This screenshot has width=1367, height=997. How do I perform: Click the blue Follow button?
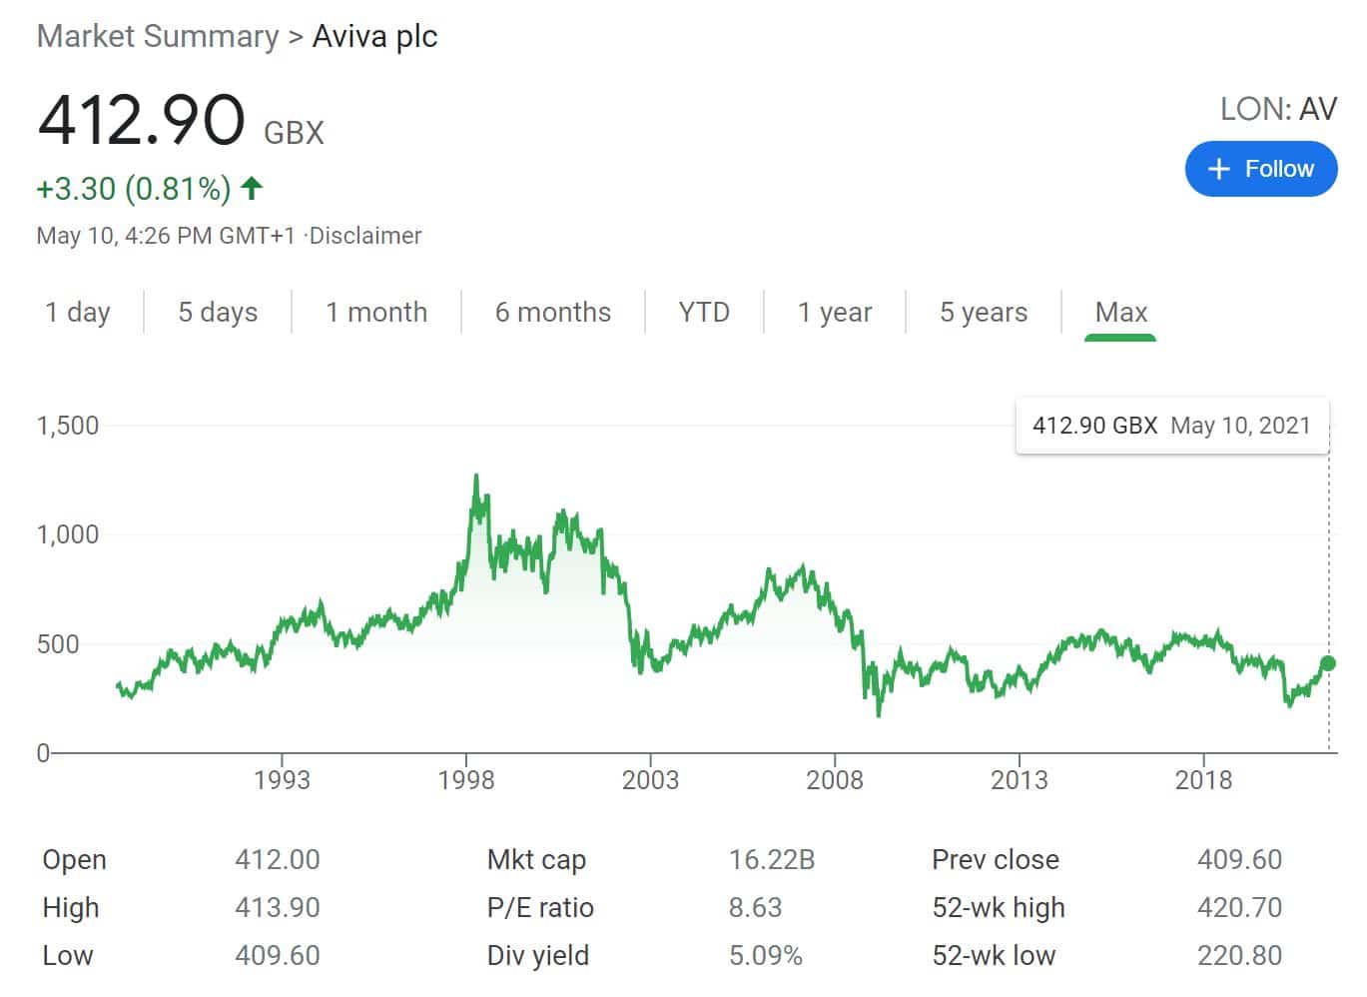[1260, 169]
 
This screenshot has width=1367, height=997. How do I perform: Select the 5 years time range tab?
[983, 313]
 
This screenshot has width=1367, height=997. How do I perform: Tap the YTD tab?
[704, 313]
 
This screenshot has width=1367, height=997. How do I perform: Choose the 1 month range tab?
[376, 313]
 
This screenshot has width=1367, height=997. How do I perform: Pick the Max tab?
[1120, 313]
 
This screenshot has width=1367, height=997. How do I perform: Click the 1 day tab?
[78, 313]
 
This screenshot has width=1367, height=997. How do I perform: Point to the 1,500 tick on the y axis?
[68, 426]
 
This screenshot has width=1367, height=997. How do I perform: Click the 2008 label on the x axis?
[835, 780]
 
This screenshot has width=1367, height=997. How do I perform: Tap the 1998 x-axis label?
[466, 780]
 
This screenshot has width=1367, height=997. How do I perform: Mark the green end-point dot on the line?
[1327, 663]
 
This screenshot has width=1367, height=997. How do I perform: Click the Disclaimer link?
[365, 236]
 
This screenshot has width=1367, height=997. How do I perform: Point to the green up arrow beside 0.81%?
[252, 187]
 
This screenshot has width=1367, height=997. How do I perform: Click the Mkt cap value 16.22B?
[772, 859]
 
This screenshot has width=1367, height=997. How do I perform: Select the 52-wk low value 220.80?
[1239, 955]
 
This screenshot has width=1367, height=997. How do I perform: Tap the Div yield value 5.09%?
[765, 955]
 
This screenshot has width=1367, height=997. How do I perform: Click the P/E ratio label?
[540, 907]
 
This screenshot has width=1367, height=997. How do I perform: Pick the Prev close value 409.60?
[1239, 859]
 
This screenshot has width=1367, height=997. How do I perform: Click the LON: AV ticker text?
[1278, 109]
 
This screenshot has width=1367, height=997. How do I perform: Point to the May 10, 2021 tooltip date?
[1240, 426]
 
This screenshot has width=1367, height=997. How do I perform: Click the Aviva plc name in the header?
[374, 37]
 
